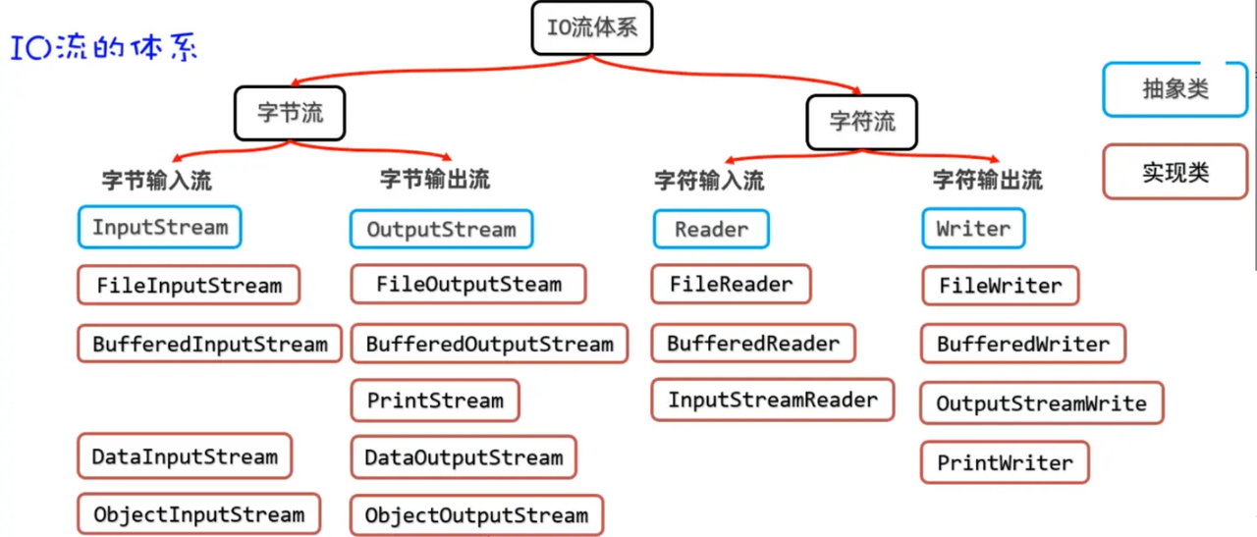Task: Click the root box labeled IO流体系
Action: pyautogui.click(x=592, y=27)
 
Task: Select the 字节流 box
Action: pyautogui.click(x=291, y=113)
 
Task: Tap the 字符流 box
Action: pyautogui.click(x=861, y=122)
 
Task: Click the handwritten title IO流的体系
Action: pyautogui.click(x=104, y=48)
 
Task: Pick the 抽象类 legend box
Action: pyautogui.click(x=1175, y=89)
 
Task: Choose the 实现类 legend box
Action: pyautogui.click(x=1175, y=173)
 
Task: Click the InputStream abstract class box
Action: pyautogui.click(x=159, y=228)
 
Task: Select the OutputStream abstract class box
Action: pyautogui.click(x=441, y=230)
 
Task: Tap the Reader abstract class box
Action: pyautogui.click(x=711, y=230)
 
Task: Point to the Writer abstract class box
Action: pyautogui.click(x=972, y=229)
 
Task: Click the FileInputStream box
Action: pyautogui.click(x=189, y=287)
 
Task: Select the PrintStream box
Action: pyautogui.click(x=435, y=401)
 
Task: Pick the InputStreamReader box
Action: pyautogui.click(x=772, y=400)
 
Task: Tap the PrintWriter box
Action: pyautogui.click(x=1005, y=462)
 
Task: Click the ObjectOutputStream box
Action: pyautogui.click(x=476, y=515)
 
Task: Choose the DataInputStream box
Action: pyautogui.click(x=185, y=456)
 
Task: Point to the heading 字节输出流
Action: pyautogui.click(x=434, y=180)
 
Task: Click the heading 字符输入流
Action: pyautogui.click(x=708, y=181)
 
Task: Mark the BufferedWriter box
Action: pyautogui.click(x=1022, y=345)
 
